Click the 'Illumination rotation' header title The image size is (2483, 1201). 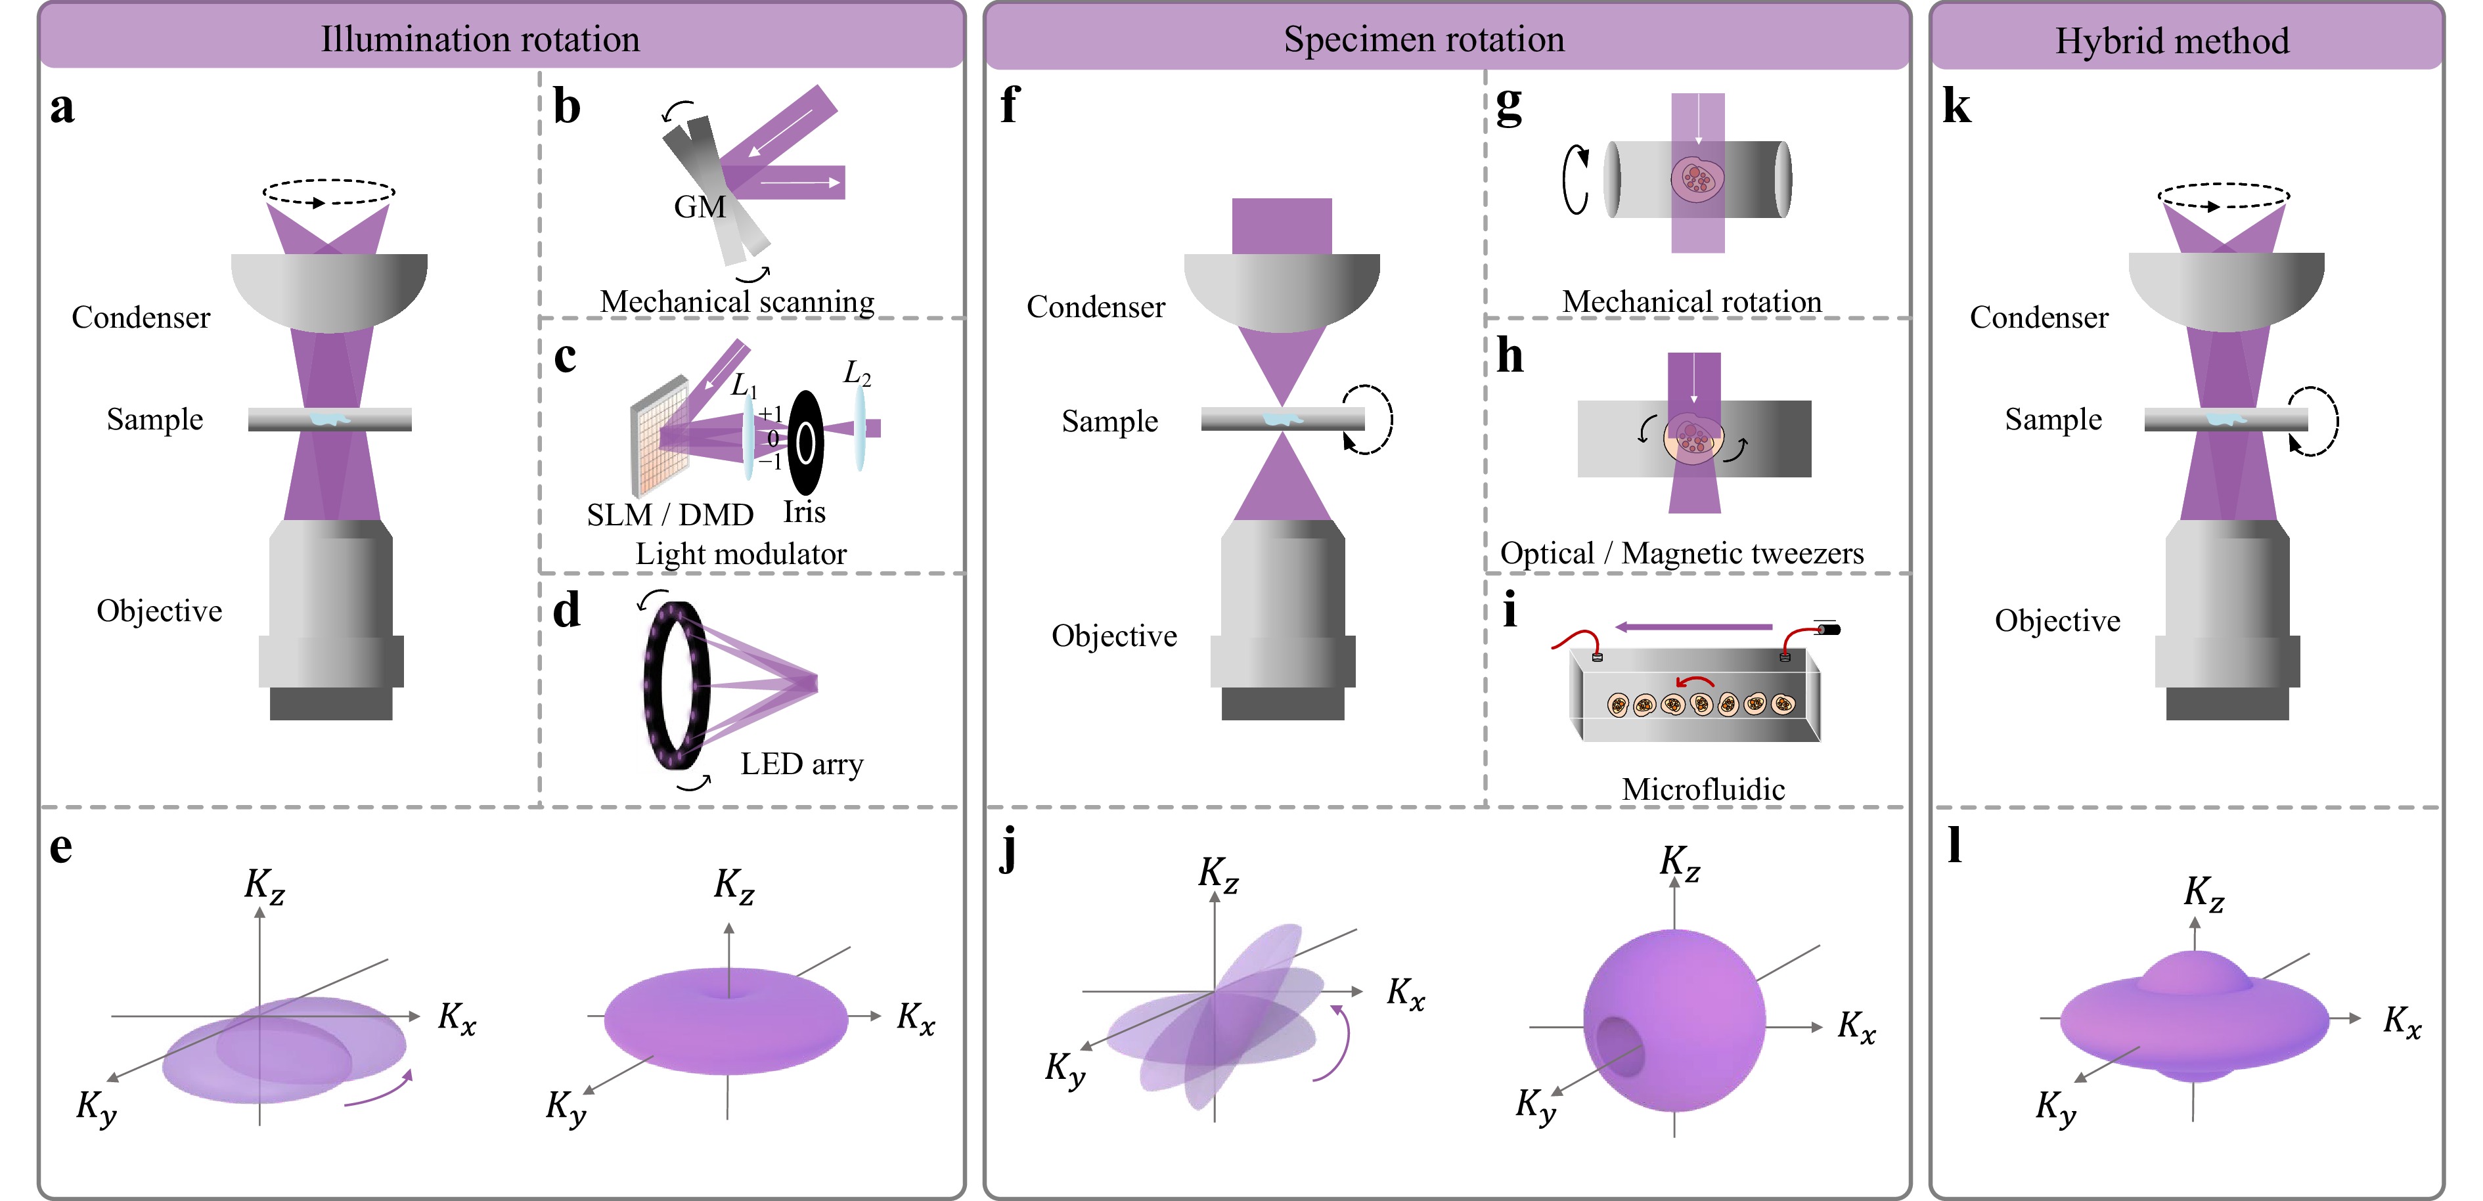pos(480,39)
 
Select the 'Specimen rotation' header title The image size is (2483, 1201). pos(1423,39)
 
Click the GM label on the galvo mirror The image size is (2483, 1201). pos(700,206)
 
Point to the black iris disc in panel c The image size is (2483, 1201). pos(806,443)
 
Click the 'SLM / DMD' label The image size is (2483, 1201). pos(670,515)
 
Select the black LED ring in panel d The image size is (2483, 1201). pos(677,686)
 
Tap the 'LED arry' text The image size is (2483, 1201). pos(802,764)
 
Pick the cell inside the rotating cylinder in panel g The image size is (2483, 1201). pos(1697,179)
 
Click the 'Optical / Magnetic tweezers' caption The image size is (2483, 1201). pos(1682,554)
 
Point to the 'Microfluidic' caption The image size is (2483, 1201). pos(1703,789)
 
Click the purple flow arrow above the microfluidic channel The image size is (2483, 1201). pos(1693,626)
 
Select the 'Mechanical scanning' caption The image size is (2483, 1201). pos(738,301)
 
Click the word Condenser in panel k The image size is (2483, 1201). pos(2039,317)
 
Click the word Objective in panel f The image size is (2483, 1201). pos(1114,636)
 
